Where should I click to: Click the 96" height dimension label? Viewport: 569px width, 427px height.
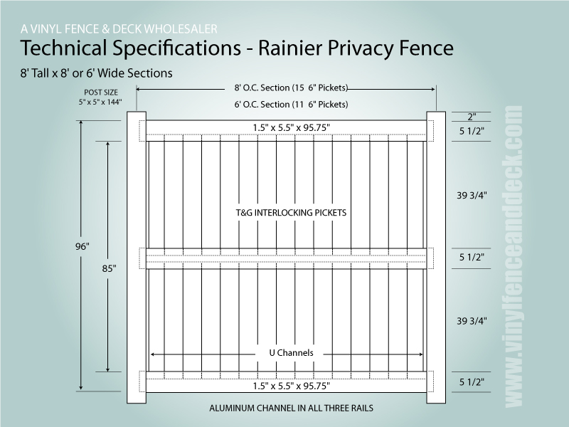pyautogui.click(x=82, y=246)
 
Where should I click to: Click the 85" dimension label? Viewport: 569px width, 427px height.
pyautogui.click(x=109, y=270)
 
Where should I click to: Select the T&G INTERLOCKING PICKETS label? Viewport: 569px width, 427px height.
pyautogui.click(x=291, y=213)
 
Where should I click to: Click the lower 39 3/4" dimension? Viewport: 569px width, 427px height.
pyautogui.click(x=472, y=321)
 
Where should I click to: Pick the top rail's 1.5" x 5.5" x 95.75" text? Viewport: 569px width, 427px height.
pyautogui.click(x=291, y=127)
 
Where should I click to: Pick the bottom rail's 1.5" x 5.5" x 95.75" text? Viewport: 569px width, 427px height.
pyautogui.click(x=291, y=385)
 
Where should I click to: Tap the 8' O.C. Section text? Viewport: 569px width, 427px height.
pyautogui.click(x=291, y=88)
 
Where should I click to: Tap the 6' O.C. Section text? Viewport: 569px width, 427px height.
pyautogui.click(x=291, y=104)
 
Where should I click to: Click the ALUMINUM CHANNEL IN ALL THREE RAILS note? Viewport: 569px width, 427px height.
pyautogui.click(x=291, y=408)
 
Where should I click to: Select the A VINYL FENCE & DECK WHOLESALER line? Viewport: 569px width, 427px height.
pyautogui.click(x=119, y=29)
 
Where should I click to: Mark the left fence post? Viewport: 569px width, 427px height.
pyautogui.click(x=137, y=256)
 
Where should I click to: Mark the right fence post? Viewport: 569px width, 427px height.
pyautogui.click(x=435, y=256)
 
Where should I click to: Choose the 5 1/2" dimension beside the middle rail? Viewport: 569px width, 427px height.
pyautogui.click(x=472, y=258)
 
